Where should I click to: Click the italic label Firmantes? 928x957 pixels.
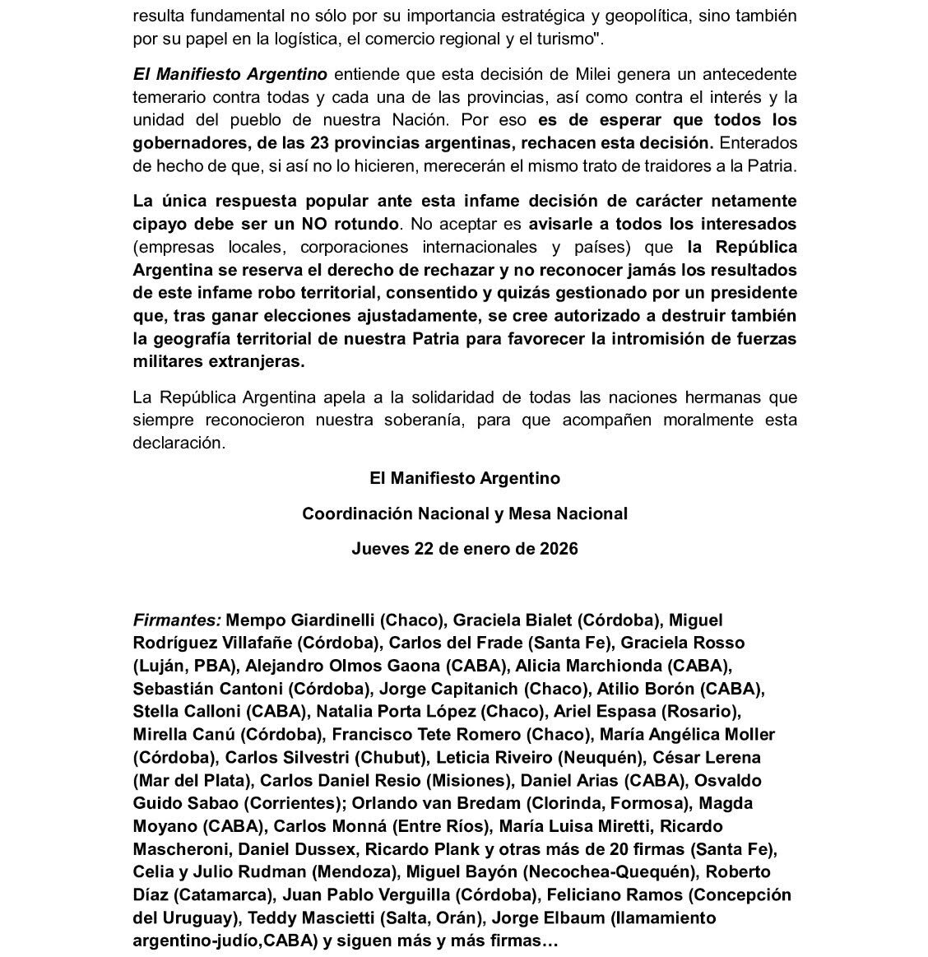(x=177, y=620)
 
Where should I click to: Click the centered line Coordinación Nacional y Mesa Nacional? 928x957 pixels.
(x=464, y=513)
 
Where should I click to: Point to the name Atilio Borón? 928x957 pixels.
(x=646, y=688)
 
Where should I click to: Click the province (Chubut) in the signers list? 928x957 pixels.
(x=398, y=757)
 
